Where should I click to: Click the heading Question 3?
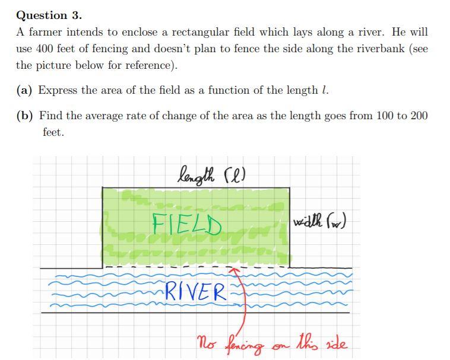click(x=49, y=15)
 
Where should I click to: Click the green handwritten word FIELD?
click(x=187, y=224)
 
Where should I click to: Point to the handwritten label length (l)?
click(x=212, y=174)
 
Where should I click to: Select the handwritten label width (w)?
click(x=319, y=222)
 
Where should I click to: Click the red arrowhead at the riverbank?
click(x=236, y=272)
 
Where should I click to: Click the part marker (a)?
click(x=24, y=90)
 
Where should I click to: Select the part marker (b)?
click(x=24, y=116)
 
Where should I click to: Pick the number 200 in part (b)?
click(x=419, y=116)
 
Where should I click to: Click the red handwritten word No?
click(x=205, y=343)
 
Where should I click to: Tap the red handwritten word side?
click(x=336, y=343)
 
